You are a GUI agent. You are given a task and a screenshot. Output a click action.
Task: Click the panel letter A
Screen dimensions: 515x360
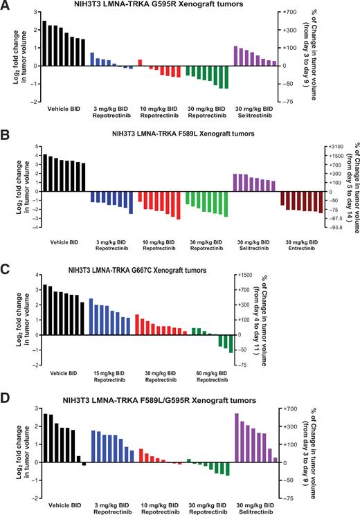coord(6,6)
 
